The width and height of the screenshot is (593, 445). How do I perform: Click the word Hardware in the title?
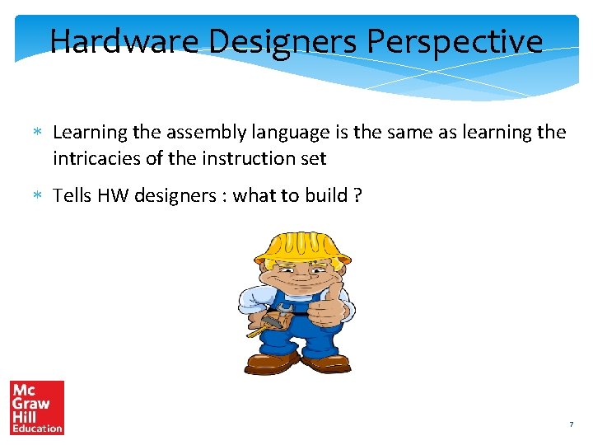124,41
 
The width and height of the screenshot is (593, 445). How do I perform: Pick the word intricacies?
96,157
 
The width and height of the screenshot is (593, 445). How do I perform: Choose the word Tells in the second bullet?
72,195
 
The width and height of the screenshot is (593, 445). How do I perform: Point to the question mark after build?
357,195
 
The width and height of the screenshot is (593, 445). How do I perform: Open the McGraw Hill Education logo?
36,407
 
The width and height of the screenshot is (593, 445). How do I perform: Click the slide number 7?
571,424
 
